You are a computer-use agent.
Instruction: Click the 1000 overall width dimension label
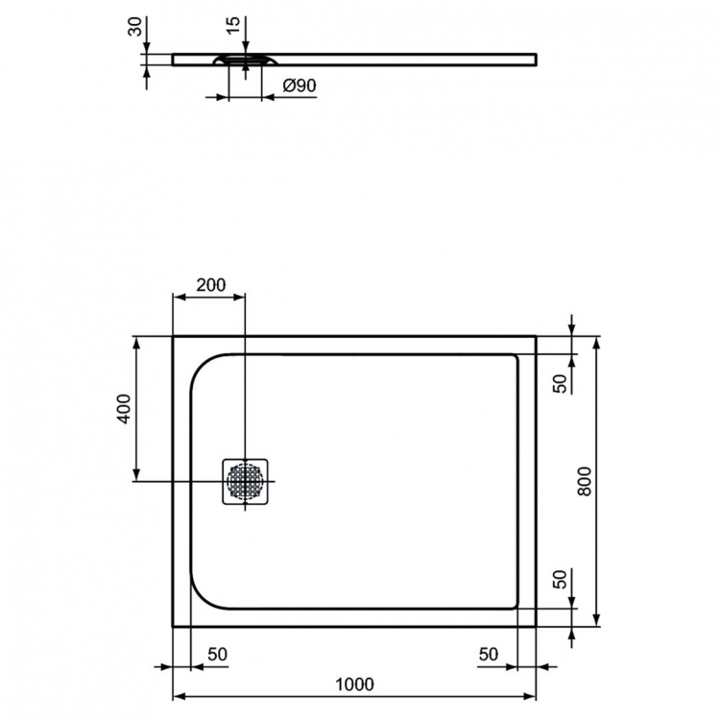pos(354,684)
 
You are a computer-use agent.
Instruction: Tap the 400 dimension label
pos(122,411)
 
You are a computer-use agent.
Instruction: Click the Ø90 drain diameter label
pos(300,86)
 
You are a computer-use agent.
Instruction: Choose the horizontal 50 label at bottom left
pos(217,654)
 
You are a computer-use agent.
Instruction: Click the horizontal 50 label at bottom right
pos(489,654)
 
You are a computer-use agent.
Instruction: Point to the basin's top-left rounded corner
pos(204,370)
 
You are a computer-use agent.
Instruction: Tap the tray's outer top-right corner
pos(535,336)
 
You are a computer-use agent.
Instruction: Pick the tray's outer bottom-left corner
pos(173,626)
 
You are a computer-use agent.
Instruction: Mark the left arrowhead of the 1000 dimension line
pos(177,697)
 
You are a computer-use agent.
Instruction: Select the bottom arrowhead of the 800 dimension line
pos(597,620)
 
